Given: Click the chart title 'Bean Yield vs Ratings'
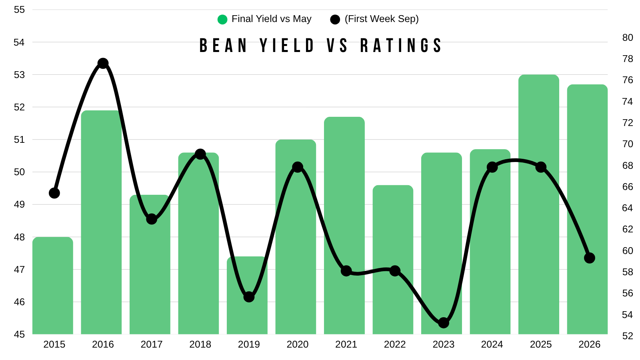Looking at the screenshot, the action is point(320,46).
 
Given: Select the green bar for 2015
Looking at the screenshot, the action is point(53,286).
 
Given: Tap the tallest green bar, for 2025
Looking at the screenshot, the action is point(538,204).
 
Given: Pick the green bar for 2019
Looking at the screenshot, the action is point(247,296).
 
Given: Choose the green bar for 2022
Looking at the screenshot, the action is point(393,260).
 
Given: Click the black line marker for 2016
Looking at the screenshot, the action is point(103,63).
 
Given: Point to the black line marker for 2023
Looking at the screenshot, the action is point(444,323).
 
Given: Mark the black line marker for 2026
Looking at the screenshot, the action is point(590,258).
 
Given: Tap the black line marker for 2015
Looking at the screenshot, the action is point(54,193).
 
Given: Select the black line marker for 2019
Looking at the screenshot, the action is point(249,297).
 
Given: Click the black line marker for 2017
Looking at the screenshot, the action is point(152,219).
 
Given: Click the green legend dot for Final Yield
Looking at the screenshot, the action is point(222,20).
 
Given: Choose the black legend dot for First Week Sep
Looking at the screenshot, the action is point(335,20).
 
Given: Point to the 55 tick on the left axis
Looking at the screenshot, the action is point(20,10).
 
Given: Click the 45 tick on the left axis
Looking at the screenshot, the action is point(20,334).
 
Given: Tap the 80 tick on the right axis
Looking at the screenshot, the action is point(628,38).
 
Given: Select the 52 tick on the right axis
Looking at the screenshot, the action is point(628,336).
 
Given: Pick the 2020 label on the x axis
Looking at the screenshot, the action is point(298,344).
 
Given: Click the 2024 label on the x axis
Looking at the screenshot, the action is point(492,344).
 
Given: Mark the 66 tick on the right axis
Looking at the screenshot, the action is point(628,186).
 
